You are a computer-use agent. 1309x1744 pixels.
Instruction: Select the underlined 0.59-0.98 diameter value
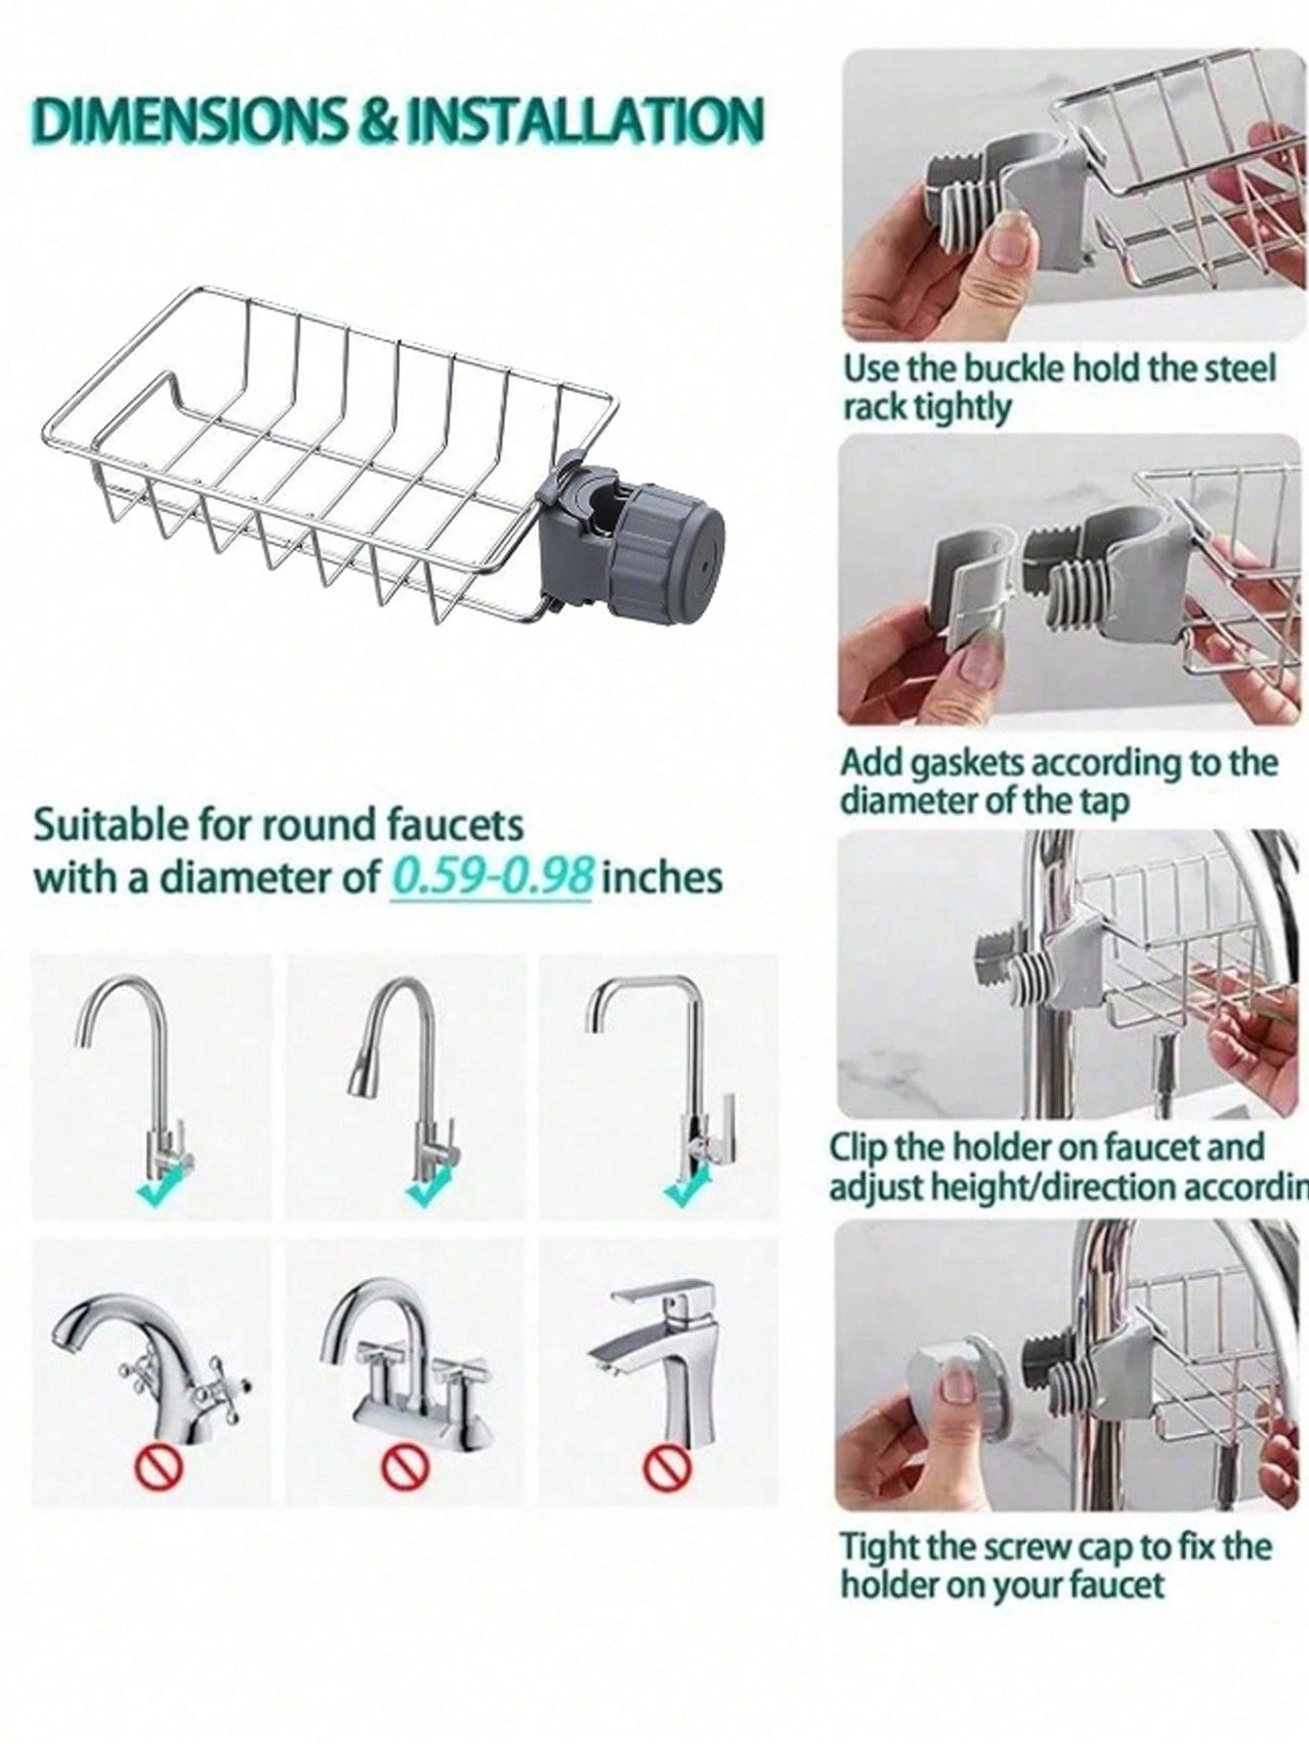(492, 876)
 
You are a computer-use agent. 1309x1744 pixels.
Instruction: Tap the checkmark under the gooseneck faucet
(159, 1187)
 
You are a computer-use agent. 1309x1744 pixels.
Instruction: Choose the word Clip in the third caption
(860, 1147)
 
